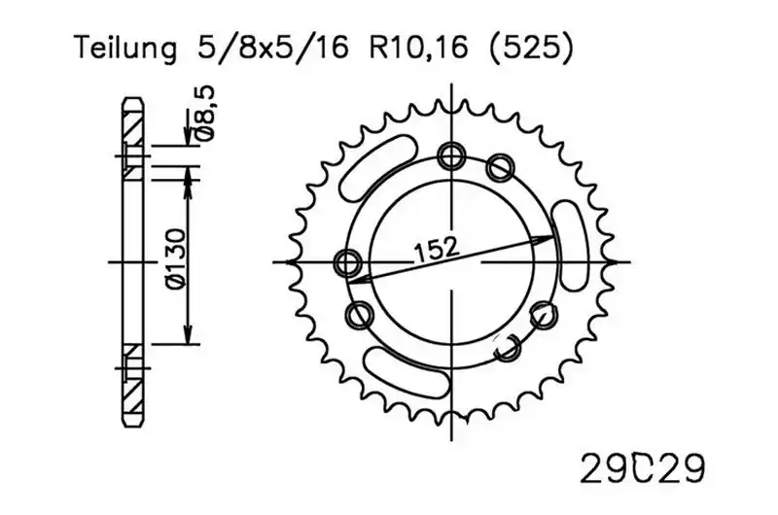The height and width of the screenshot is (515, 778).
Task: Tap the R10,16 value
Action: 418,49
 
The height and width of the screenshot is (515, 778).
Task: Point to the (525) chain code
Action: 531,49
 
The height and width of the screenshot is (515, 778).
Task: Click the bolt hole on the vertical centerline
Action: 451,155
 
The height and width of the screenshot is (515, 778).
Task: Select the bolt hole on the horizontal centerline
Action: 348,261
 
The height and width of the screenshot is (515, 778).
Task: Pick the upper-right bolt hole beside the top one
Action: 499,168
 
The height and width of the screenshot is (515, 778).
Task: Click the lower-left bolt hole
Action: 360,314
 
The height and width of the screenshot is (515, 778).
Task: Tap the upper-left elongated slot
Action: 378,168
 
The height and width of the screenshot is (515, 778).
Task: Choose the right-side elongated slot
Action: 571,247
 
